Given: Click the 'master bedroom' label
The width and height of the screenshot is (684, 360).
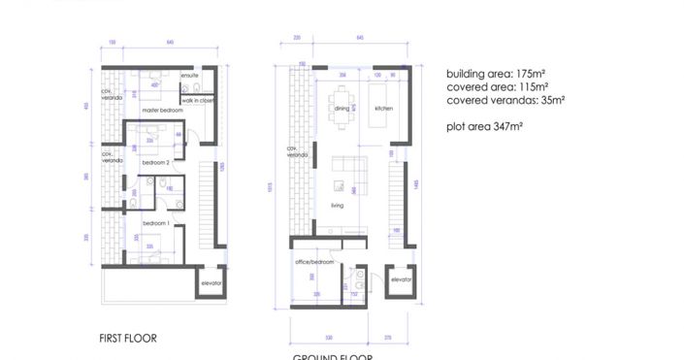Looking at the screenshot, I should coord(162,111).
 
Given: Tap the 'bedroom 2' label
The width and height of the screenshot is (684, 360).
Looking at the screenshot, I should coord(155,163).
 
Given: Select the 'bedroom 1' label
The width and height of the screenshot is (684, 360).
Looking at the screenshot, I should coord(155,224).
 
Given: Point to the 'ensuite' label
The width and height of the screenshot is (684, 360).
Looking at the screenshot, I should coord(190,76).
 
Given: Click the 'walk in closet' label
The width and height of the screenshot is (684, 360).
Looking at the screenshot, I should coord(198,100).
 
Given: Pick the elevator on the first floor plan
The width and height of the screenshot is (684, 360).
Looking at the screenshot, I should coord(212,282).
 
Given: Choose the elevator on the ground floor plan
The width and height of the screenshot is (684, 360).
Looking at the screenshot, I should coord(400,279).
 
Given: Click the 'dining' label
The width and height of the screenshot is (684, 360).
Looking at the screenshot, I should coord(342,109).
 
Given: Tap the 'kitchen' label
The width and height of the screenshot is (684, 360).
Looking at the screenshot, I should coord(383,109).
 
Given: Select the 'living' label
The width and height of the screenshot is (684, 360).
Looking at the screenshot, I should coord(339,205).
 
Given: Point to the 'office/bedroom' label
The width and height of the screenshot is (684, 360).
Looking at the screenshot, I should coord(314,262).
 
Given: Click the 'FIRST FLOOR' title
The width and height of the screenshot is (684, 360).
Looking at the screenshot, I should coord(127,339).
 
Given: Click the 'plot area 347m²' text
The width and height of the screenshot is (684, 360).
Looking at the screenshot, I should coord(484,126).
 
